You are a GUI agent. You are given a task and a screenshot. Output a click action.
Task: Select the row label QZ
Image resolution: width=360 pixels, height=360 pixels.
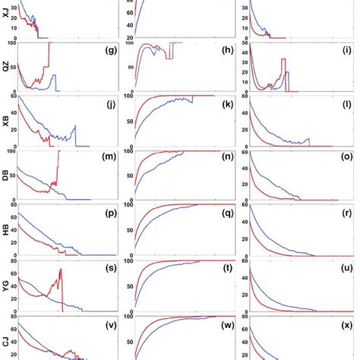pos(6,67)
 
